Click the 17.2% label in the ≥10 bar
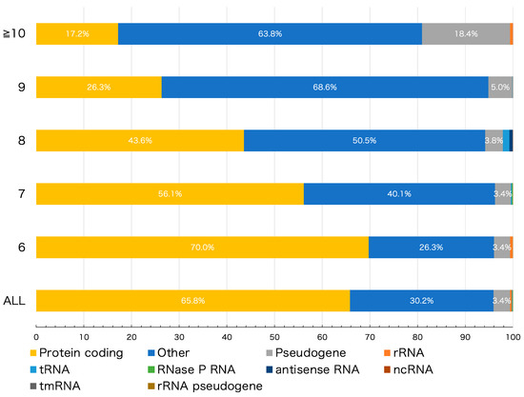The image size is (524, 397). point(77,33)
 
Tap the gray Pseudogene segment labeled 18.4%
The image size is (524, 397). point(466,33)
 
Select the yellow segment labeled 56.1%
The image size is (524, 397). point(170,193)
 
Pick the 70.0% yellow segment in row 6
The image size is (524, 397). point(202,247)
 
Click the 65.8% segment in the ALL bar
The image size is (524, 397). point(192,300)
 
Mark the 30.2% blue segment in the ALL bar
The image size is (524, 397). point(421,300)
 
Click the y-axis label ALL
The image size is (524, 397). point(16,301)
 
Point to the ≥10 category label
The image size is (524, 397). point(16,33)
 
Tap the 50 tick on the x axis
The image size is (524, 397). point(274,335)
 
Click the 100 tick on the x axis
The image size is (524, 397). point(513,335)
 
